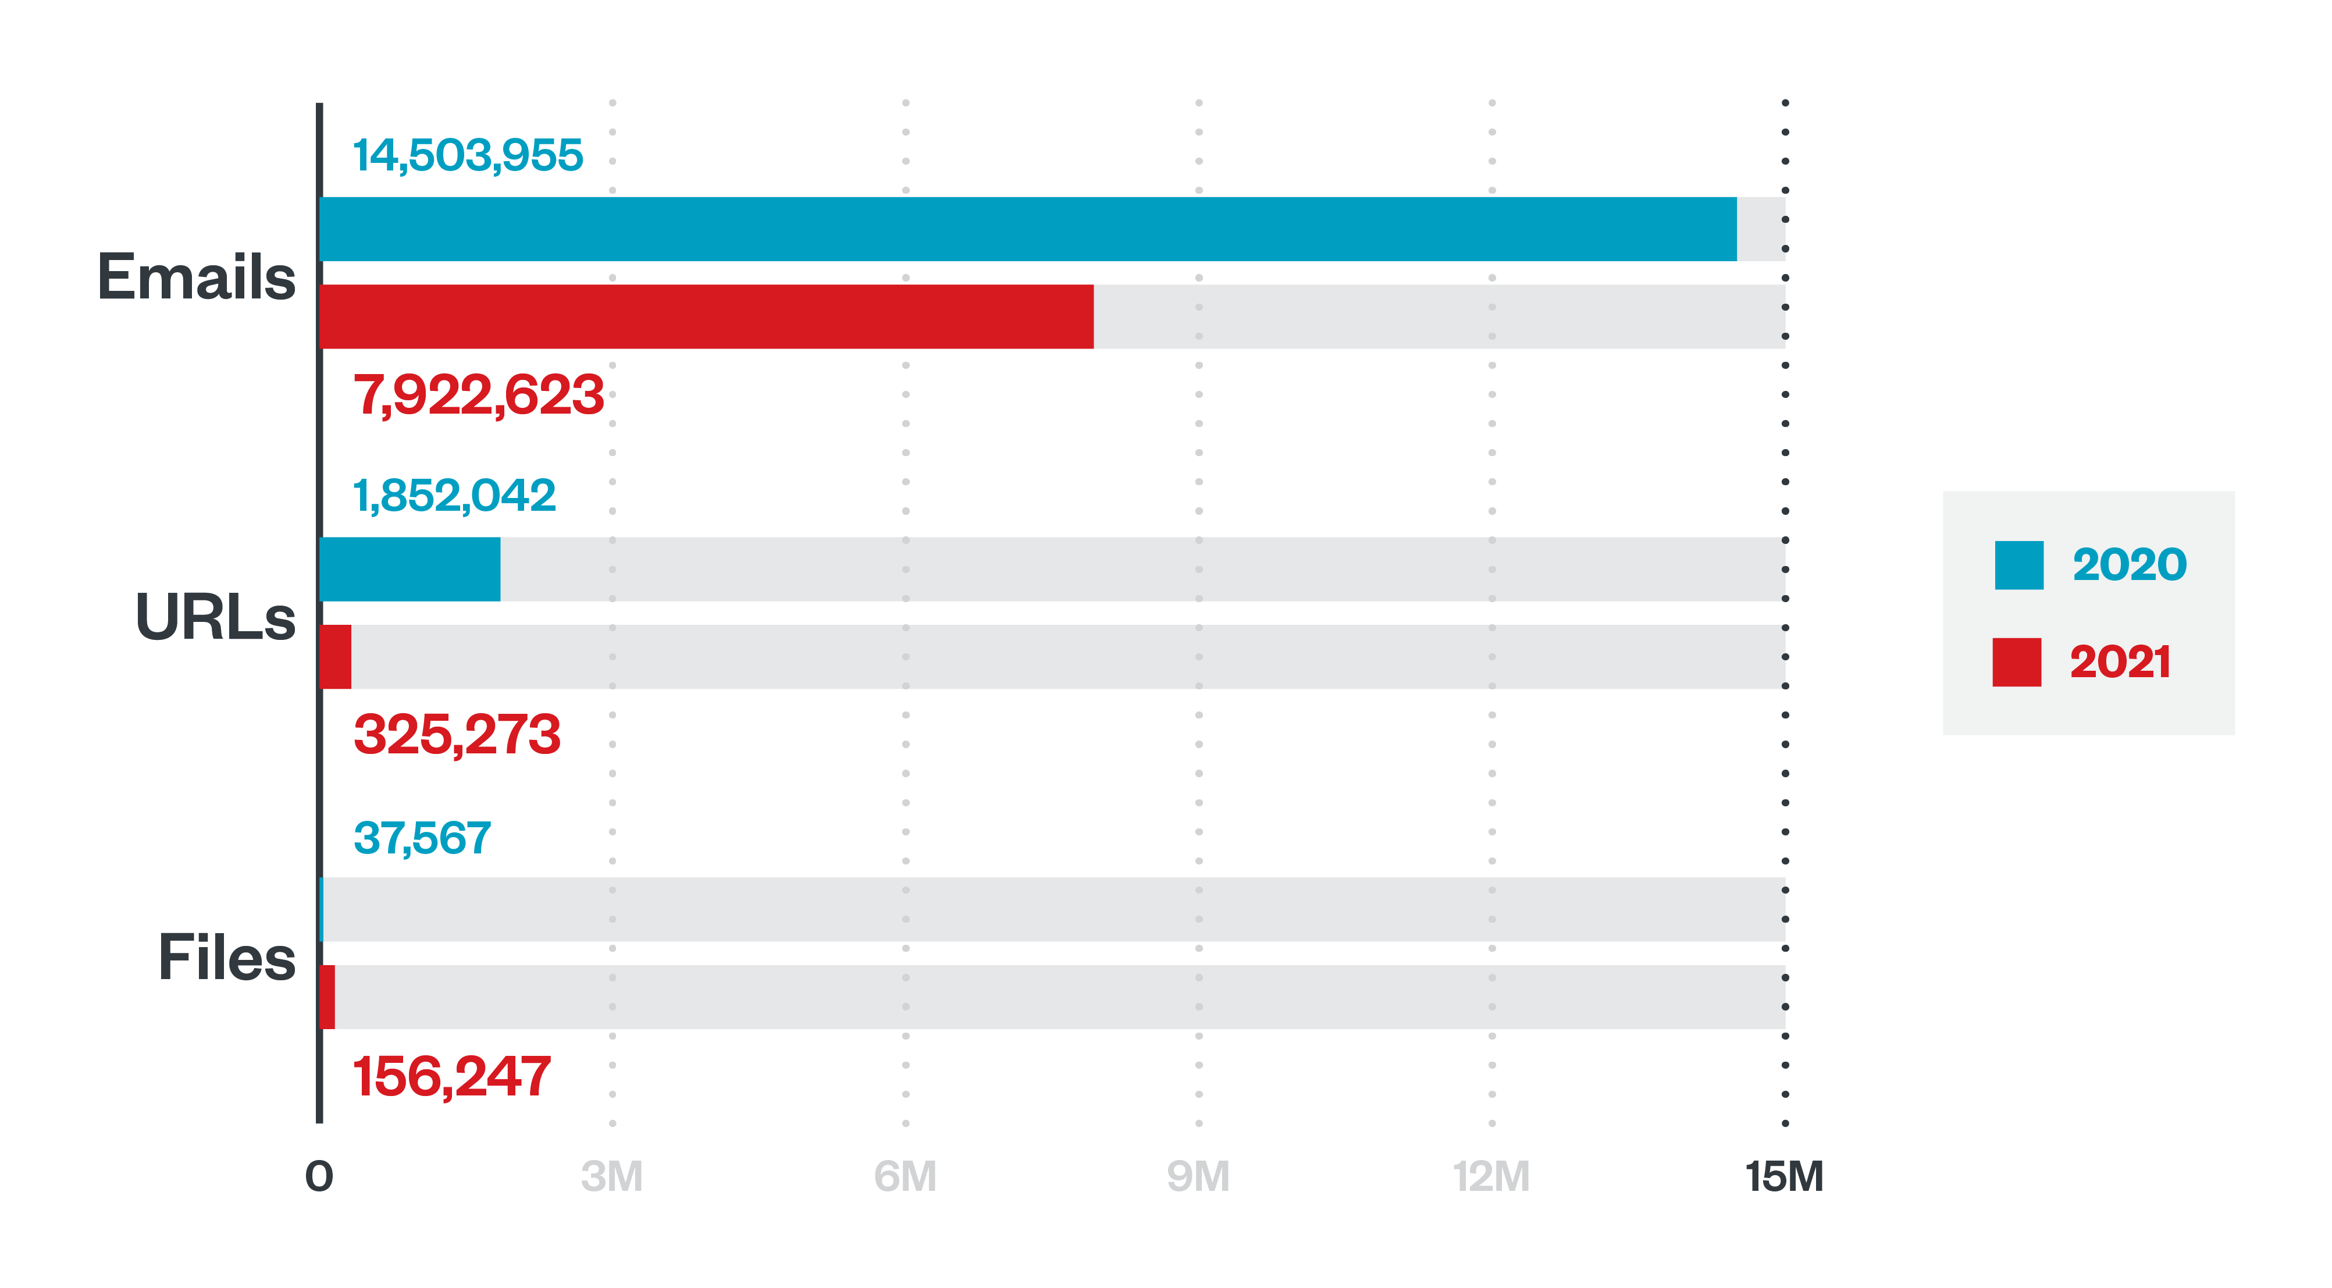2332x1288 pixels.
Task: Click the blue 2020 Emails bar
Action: (1027, 229)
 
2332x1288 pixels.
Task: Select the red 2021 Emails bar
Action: (706, 317)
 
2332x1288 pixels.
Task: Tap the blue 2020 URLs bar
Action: (410, 570)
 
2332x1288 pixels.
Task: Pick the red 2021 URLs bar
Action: (336, 657)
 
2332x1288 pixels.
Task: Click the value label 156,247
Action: (451, 1076)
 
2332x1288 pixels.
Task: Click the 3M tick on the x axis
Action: (612, 1177)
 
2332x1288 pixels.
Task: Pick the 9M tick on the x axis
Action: (1198, 1177)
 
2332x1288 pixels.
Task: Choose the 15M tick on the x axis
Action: (1783, 1177)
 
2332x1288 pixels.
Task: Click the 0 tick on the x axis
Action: (319, 1177)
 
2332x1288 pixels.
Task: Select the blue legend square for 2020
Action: (2019, 565)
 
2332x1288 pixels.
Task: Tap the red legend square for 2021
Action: (2016, 661)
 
